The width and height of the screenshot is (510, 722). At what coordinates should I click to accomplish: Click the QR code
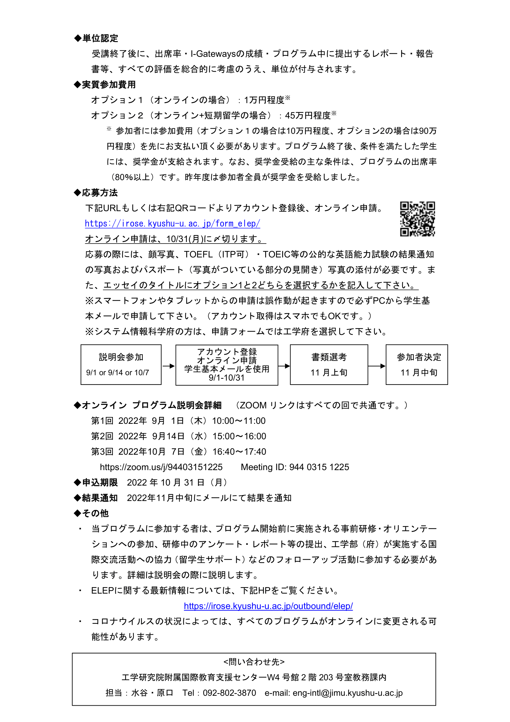[417, 219]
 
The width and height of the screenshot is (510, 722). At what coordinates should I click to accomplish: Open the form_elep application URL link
[172, 223]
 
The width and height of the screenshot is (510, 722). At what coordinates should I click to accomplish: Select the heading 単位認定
[100, 38]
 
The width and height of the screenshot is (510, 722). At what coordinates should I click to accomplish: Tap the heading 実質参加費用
[108, 85]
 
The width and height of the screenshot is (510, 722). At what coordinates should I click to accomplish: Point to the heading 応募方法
[100, 193]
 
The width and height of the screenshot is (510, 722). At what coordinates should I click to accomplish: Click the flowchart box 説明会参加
[121, 365]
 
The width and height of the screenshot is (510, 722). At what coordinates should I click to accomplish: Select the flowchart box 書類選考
[329, 365]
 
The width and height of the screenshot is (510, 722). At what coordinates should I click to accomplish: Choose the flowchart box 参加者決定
[417, 365]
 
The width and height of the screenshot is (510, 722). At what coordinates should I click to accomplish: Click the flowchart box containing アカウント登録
[227, 365]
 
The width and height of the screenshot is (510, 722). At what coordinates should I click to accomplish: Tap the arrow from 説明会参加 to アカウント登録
[169, 366]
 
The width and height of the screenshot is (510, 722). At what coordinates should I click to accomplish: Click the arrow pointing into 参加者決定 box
[376, 366]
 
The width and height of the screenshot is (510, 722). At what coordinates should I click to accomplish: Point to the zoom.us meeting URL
[161, 467]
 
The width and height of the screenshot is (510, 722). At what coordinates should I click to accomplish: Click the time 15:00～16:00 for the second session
[239, 436]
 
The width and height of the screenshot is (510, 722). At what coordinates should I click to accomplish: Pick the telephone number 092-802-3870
[229, 693]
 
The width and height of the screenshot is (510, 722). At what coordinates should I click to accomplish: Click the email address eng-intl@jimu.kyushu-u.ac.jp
[348, 693]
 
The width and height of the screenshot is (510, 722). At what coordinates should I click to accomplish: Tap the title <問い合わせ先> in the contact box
[254, 662]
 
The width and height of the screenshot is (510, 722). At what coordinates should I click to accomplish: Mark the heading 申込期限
[100, 482]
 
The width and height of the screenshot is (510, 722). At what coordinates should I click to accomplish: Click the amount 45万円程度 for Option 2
[308, 115]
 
